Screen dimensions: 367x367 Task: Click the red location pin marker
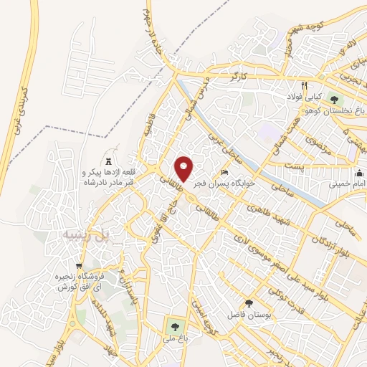point(185,169)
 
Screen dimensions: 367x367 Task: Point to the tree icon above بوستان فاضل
point(249,304)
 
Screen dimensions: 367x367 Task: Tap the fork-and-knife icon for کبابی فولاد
point(305,82)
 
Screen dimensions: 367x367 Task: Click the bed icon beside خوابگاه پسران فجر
point(224,173)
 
